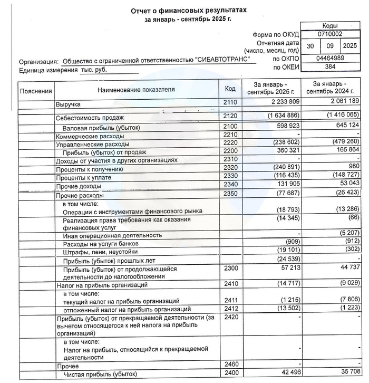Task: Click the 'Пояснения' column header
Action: point(36,91)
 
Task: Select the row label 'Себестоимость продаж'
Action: point(90,118)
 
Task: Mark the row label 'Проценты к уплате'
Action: point(85,177)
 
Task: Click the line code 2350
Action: point(230,194)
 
